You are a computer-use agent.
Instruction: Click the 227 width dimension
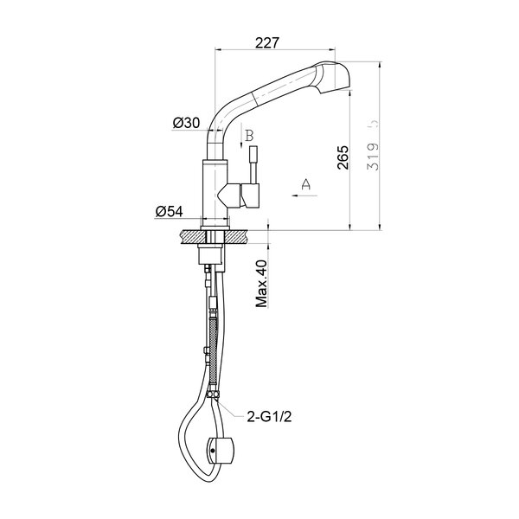click(267, 42)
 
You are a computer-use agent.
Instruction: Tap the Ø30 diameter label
click(186, 123)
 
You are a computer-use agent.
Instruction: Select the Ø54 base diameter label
click(170, 211)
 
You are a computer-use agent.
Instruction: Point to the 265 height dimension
click(343, 157)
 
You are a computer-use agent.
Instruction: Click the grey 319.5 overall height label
click(373, 144)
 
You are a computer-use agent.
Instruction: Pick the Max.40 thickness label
click(261, 284)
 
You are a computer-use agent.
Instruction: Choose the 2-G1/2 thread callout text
click(269, 417)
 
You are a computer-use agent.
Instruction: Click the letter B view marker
click(250, 135)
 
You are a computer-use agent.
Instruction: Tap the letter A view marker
click(306, 184)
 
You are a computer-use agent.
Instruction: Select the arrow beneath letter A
click(304, 195)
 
